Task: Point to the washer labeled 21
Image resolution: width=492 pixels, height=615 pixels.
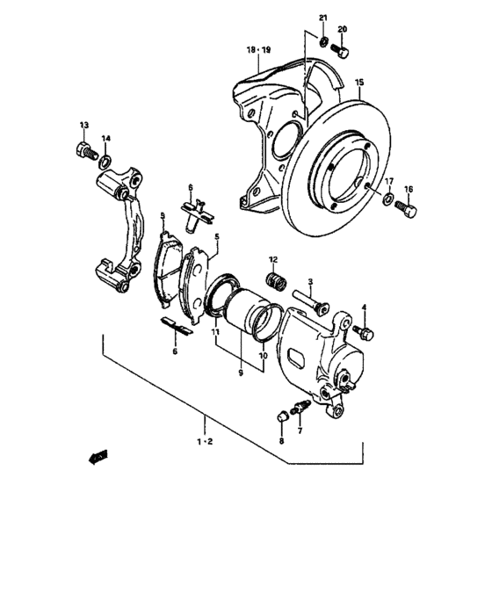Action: pos(323,43)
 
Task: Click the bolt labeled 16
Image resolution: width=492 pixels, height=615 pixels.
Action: pos(407,210)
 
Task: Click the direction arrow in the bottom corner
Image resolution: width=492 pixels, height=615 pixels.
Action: pos(98,456)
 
